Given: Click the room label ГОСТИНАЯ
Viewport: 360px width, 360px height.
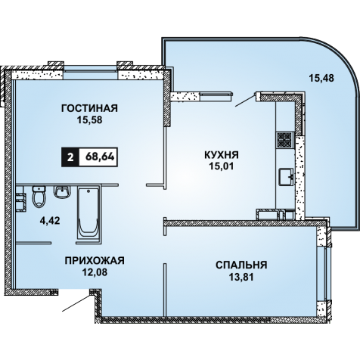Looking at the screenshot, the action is [89, 108].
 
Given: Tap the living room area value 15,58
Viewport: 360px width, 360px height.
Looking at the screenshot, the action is [90, 119].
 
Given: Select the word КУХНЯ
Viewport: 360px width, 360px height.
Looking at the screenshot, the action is [222, 155].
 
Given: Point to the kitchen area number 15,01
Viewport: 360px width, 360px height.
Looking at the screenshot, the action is [222, 166].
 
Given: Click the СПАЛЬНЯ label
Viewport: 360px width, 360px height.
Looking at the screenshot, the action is [241, 265].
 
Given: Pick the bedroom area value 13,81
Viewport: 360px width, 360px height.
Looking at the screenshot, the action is [241, 277].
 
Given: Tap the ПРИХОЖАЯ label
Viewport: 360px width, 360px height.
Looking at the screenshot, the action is [95, 260].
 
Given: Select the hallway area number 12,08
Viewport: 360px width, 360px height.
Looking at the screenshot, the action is [95, 272].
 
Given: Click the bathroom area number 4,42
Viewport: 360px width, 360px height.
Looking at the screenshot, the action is [50, 221].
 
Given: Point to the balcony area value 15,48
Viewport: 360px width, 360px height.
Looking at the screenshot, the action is [321, 78].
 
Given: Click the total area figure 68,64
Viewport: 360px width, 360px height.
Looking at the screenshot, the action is [100, 157].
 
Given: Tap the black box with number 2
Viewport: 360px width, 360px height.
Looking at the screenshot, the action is [70, 157].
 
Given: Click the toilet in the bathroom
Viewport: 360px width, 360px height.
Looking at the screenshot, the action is [39, 197].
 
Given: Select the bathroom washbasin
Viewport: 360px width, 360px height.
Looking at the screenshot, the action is [61, 192].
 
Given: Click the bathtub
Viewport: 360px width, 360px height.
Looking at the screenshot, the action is [88, 211].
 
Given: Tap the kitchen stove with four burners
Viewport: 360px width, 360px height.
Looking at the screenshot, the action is [285, 140].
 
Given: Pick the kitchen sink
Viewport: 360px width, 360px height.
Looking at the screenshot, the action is [286, 177].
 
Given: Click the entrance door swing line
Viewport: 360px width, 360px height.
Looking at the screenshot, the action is [76, 303].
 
